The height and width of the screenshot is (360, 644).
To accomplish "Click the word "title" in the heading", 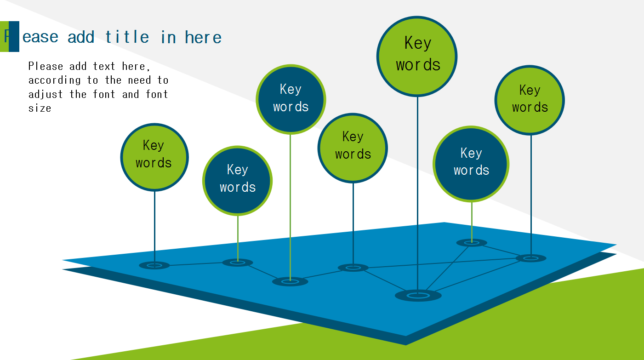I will click(x=127, y=37).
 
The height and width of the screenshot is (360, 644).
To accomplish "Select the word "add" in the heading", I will click(x=81, y=37).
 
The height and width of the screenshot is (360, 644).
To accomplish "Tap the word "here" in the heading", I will click(x=203, y=37).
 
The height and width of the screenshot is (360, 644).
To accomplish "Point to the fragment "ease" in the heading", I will click(x=40, y=37).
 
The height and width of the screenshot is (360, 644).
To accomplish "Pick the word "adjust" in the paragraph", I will click(x=46, y=94).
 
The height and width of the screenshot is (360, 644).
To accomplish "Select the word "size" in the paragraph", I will click(x=40, y=109).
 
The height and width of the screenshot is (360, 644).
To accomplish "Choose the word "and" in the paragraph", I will click(x=131, y=94).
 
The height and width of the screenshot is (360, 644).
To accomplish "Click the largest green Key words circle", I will click(x=417, y=57).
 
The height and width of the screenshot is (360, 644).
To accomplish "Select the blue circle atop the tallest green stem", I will click(x=291, y=99).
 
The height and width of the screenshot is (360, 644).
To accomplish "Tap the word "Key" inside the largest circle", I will click(x=418, y=43).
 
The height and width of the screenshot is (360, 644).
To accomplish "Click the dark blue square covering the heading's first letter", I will click(x=14, y=36).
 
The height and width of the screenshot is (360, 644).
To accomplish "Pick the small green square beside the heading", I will click(x=4, y=36).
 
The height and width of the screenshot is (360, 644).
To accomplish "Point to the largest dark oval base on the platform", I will click(x=418, y=295).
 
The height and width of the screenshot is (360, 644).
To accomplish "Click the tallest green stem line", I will click(x=291, y=207).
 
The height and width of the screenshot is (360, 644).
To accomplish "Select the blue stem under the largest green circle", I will click(x=417, y=193).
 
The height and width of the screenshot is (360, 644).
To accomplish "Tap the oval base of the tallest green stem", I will click(x=290, y=281).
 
